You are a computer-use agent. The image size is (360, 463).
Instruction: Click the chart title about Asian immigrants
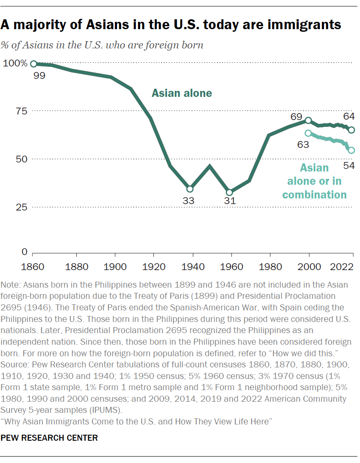coord(171,25)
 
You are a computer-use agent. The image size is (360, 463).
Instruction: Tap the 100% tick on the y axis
coord(15,63)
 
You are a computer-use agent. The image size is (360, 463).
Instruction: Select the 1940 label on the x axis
coord(189,266)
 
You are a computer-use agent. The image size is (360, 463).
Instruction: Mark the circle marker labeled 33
coord(190,189)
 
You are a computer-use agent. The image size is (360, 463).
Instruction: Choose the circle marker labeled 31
coord(229,192)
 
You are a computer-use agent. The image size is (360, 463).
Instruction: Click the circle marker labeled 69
coord(308,120)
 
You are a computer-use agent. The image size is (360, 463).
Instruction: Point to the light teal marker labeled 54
coord(351,150)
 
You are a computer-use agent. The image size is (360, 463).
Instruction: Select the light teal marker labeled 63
coord(308,133)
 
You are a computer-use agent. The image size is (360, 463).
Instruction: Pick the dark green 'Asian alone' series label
coord(182,93)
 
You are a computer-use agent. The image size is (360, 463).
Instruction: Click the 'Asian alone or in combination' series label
coord(314,181)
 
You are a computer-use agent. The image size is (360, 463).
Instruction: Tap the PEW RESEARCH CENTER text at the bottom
coord(49,438)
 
